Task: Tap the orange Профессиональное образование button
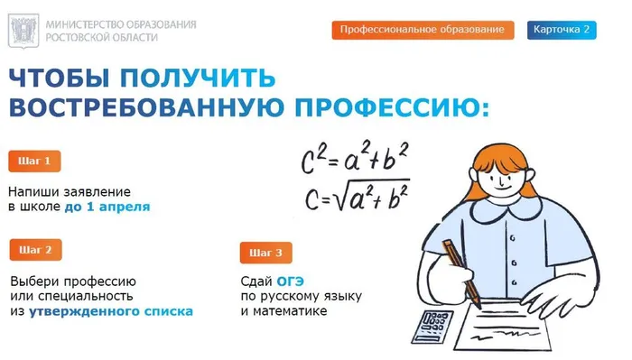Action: [423, 30]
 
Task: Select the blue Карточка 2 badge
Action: [561, 30]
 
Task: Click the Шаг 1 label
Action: [35, 162]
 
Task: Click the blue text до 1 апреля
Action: [107, 207]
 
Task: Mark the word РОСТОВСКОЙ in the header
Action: [81, 38]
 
